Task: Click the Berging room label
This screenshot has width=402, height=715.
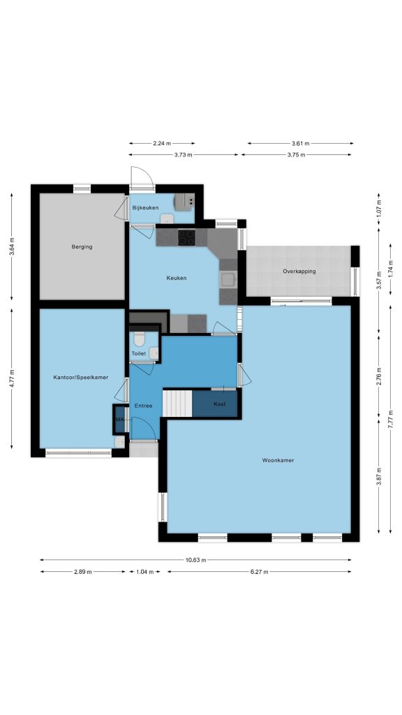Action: [x=82, y=246]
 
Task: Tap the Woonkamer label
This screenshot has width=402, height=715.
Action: [x=278, y=460]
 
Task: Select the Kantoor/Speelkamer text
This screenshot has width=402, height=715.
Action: [x=81, y=378]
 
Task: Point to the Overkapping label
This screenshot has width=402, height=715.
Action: [x=299, y=272]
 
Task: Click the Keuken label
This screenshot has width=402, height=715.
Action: [x=177, y=278]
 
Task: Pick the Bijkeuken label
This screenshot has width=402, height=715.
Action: [x=145, y=208]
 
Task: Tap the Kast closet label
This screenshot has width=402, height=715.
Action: [x=220, y=404]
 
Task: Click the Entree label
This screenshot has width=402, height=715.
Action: [x=143, y=406]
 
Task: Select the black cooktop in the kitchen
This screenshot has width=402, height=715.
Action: [x=186, y=237]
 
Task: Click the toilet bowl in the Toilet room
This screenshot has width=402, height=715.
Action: [x=140, y=339]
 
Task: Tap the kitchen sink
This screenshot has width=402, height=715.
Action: [x=228, y=279]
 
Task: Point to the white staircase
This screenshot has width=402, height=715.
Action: [x=178, y=403]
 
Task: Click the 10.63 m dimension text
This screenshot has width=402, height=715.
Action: [x=196, y=560]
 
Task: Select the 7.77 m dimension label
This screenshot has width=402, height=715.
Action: [x=391, y=420]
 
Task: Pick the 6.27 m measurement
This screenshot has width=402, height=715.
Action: [x=259, y=572]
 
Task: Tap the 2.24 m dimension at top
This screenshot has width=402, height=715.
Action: [x=162, y=143]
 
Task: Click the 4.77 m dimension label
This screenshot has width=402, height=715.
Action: [x=12, y=378]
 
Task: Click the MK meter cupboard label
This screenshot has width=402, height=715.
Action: [x=120, y=420]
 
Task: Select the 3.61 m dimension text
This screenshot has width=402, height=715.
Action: [x=300, y=143]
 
